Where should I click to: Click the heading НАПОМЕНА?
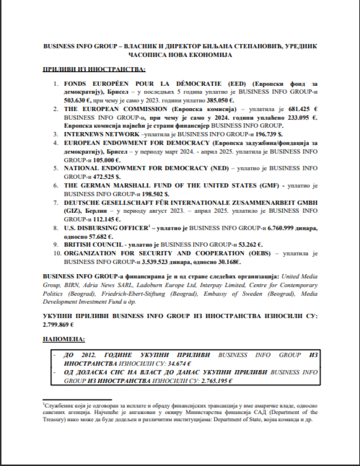(63, 339)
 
